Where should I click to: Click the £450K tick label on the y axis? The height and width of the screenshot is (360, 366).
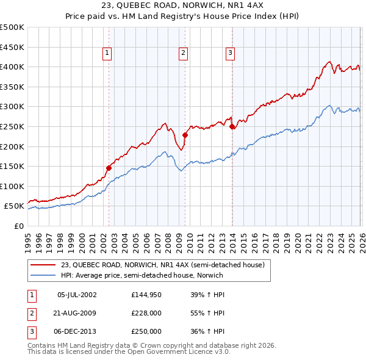pyautogui.click(x=12, y=47)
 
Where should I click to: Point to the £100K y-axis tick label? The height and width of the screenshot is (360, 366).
pyautogui.click(x=12, y=186)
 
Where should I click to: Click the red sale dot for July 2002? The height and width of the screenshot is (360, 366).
pyautogui.click(x=109, y=168)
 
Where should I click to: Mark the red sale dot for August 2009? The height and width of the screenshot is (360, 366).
pyautogui.click(x=185, y=135)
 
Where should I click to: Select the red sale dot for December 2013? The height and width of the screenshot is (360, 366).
pyautogui.click(x=232, y=126)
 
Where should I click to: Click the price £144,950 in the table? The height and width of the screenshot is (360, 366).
pyautogui.click(x=146, y=295)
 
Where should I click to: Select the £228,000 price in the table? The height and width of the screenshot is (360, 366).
pyautogui.click(x=146, y=313)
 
